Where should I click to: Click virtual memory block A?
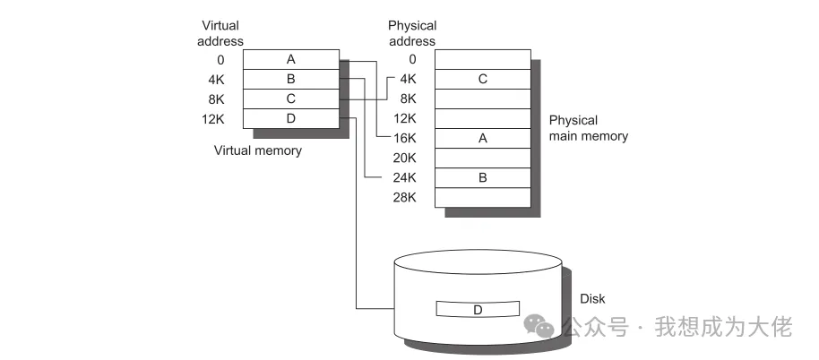290,59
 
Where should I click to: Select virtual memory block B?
290,79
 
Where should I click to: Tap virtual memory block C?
290,99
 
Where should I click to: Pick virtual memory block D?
290,118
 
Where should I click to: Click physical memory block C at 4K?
482,79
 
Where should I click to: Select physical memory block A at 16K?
482,138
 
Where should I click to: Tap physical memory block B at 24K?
482,177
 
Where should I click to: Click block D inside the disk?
478,309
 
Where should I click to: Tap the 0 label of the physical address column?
412,59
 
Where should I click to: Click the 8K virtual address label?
216,99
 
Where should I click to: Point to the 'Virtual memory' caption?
257,150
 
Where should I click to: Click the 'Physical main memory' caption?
588,128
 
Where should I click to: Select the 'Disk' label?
592,298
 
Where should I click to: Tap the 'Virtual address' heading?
220,32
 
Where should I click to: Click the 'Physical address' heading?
411,32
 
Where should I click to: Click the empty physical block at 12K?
482,118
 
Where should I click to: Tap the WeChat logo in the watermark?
539,326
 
